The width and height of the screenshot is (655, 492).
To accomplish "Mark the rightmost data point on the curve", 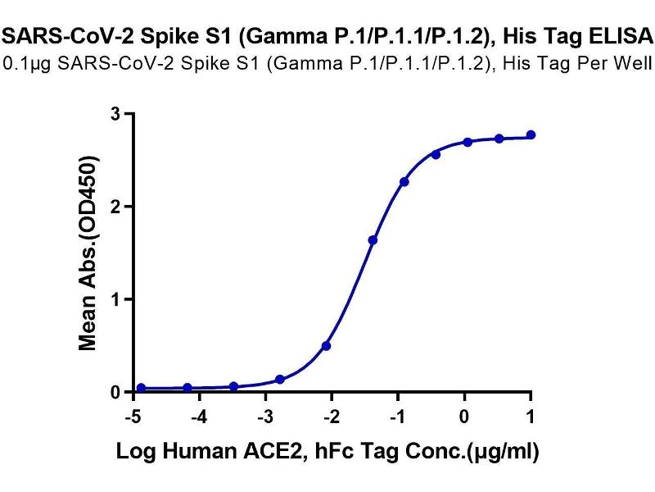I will pyautogui.click(x=531, y=135).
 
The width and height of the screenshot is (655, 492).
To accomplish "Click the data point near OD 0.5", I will pyautogui.click(x=326, y=346).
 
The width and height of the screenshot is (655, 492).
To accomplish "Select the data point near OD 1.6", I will pyautogui.click(x=373, y=240).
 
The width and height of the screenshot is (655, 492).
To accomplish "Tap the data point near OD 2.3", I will pyautogui.click(x=404, y=182).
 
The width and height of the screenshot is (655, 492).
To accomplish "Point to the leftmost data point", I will pyautogui.click(x=141, y=388).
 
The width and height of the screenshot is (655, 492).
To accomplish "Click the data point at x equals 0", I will pyautogui.click(x=468, y=142).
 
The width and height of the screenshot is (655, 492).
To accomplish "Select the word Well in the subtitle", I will pyautogui.click(x=633, y=63).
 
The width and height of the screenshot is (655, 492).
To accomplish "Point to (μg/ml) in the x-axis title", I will pyautogui.click(x=502, y=451).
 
